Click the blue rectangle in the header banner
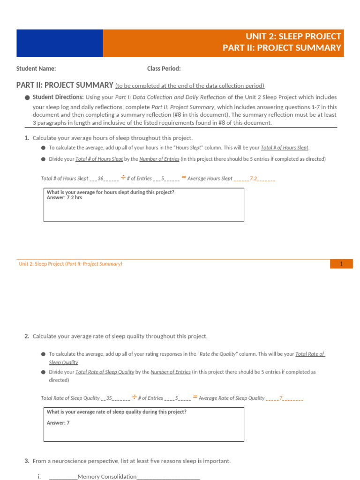click(60, 43)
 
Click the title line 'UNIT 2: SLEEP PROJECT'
click(293, 37)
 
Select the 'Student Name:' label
click(36, 69)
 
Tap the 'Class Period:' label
click(164, 69)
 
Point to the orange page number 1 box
click(341, 264)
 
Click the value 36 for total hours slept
click(100, 179)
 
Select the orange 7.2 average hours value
click(253, 179)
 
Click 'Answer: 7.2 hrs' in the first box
click(64, 198)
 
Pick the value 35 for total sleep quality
click(109, 398)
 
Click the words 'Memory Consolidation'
click(107, 477)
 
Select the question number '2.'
click(27, 337)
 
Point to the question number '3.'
click(27, 461)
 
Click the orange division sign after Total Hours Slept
click(123, 178)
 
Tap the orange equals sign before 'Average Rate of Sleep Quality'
click(195, 397)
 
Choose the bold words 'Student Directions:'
click(58, 97)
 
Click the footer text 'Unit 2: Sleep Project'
click(41, 264)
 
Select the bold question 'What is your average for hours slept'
click(110, 192)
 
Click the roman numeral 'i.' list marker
click(39, 477)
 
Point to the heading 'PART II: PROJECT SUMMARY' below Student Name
click(65, 85)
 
